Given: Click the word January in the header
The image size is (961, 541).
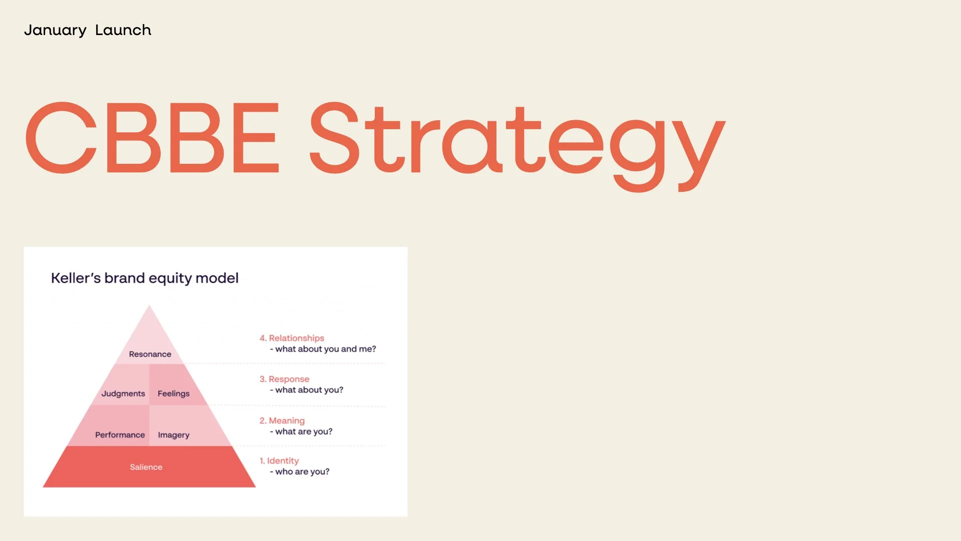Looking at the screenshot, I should click(x=55, y=31).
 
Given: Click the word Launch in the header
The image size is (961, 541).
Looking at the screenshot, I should click(x=123, y=31).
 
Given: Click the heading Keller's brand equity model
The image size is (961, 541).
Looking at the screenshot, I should click(x=145, y=278).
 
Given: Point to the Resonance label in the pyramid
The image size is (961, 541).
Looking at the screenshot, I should click(x=150, y=354).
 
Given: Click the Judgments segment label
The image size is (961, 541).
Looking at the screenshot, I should click(x=123, y=394).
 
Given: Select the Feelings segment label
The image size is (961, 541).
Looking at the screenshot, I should click(x=173, y=394).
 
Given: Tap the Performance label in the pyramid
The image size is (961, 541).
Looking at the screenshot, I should click(x=120, y=435).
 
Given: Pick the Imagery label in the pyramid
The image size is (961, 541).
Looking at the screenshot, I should click(x=173, y=435).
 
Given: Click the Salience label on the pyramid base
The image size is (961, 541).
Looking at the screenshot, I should click(x=146, y=467).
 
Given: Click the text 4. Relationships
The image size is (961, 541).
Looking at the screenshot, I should click(x=292, y=338).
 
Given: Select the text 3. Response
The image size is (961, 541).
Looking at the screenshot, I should click(x=284, y=379).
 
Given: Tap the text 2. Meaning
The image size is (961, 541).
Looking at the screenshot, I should click(x=282, y=421).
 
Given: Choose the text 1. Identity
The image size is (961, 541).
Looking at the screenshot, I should click(x=279, y=461).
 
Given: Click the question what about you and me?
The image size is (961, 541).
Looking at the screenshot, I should click(x=325, y=349).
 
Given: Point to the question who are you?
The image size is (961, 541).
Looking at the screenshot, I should click(x=302, y=472).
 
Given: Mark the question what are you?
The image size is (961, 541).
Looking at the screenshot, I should click(x=304, y=432).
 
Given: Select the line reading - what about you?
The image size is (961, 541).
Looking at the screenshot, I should click(x=306, y=390).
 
